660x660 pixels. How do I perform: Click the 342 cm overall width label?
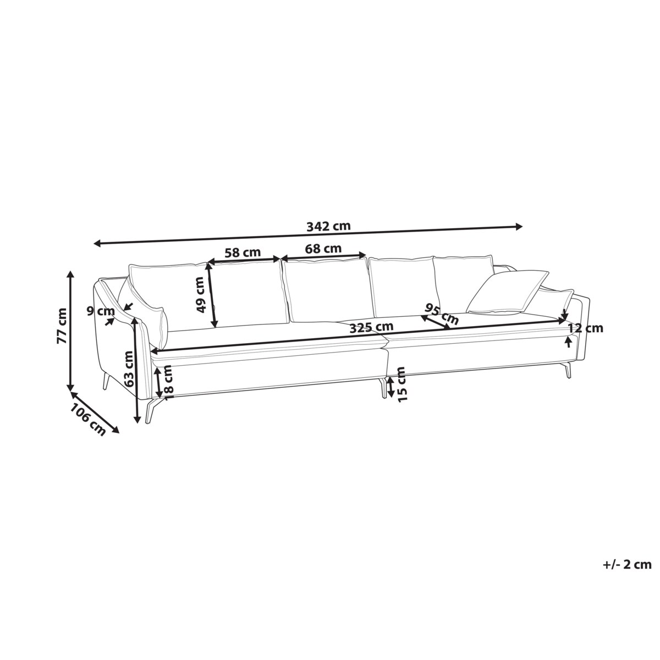[x=328, y=226]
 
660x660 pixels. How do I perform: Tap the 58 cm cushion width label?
[x=243, y=252]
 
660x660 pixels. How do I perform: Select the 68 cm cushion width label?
[x=323, y=249]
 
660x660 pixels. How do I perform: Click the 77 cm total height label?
[x=62, y=326]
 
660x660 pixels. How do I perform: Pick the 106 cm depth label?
[x=89, y=420]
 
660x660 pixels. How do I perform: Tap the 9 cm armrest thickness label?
[x=100, y=311]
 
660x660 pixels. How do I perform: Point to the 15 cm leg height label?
[x=402, y=384]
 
